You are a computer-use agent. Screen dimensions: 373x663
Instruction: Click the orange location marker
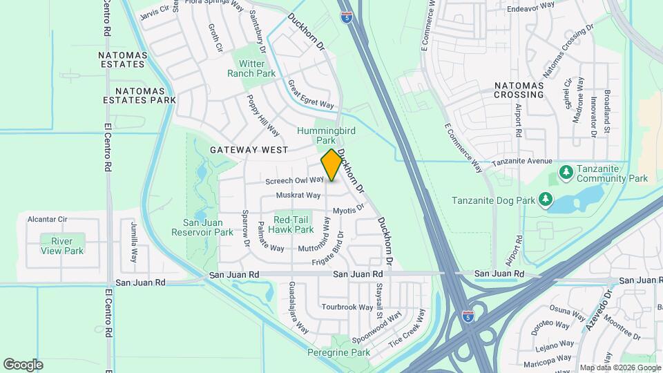[331, 165]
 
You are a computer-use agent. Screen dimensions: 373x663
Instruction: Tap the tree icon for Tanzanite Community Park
[566, 171]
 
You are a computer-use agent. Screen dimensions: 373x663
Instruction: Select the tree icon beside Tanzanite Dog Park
[546, 199]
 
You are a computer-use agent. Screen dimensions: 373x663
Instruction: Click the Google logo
[23, 364]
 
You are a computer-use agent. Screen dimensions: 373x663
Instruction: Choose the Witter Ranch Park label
[251, 68]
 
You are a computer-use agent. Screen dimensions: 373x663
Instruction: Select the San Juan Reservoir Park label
[208, 227]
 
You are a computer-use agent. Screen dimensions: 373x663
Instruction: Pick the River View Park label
[62, 246]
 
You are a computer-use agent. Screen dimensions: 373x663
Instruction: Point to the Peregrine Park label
[339, 352]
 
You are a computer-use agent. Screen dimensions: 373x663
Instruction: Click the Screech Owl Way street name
[295, 180]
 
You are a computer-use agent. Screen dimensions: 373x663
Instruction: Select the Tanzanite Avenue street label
[522, 162]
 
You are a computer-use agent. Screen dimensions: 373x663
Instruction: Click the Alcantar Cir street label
[47, 219]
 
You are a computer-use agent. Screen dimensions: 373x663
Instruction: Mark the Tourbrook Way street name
[347, 307]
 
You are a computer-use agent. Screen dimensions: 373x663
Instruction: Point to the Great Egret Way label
[311, 94]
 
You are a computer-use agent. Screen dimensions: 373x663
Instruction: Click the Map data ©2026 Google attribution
[619, 367]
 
